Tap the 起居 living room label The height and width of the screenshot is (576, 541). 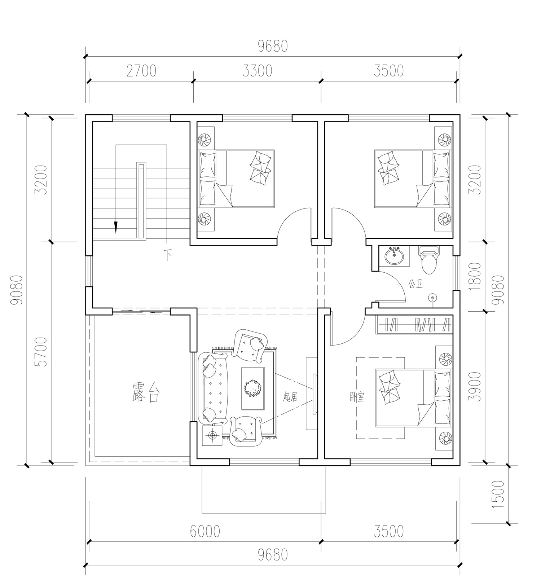(x=290, y=397)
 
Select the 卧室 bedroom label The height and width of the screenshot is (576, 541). (x=357, y=397)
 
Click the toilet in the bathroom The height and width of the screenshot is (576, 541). (x=429, y=261)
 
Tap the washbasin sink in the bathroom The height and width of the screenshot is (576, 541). (x=395, y=256)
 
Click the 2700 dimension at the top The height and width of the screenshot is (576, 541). (x=141, y=71)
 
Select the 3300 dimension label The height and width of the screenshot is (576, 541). (x=257, y=71)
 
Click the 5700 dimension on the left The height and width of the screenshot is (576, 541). (x=42, y=352)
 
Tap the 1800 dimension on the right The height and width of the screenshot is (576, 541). (x=476, y=277)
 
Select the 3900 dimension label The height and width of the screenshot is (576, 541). (x=476, y=386)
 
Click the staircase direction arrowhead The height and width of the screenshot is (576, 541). (x=116, y=227)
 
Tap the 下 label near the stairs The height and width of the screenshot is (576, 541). (x=168, y=255)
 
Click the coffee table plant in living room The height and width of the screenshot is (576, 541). (x=252, y=388)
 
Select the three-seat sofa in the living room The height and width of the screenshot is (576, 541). (x=213, y=388)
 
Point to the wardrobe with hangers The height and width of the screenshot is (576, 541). (x=414, y=324)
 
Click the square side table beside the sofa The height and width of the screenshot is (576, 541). (x=212, y=435)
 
